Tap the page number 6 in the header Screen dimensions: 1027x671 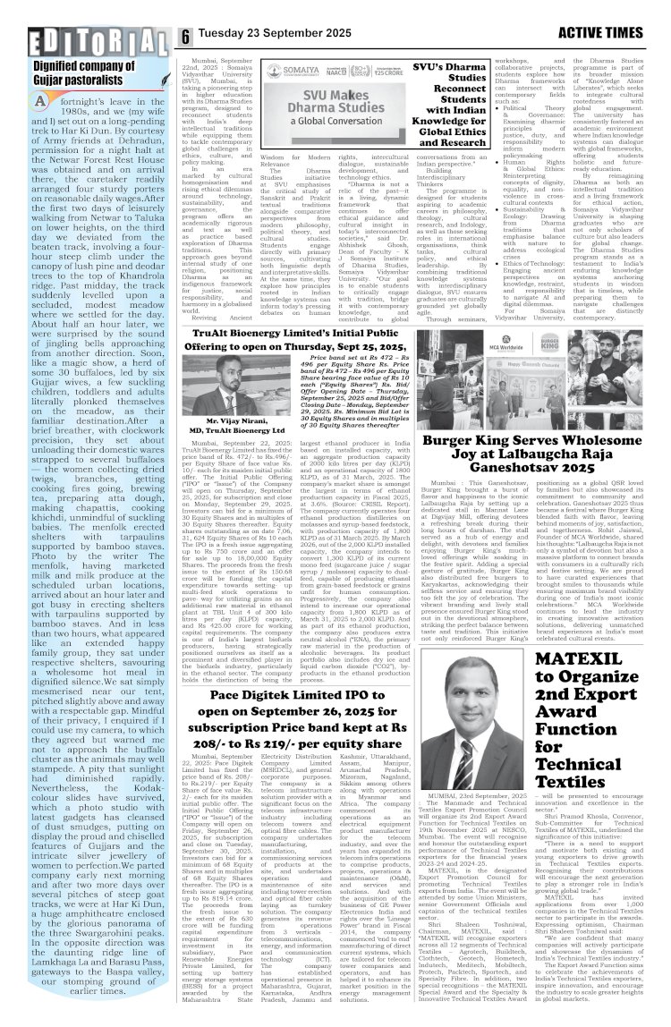pos(185,38)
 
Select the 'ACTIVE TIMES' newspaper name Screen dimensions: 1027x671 pos(609,37)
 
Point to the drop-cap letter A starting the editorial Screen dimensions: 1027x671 pos(40,100)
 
